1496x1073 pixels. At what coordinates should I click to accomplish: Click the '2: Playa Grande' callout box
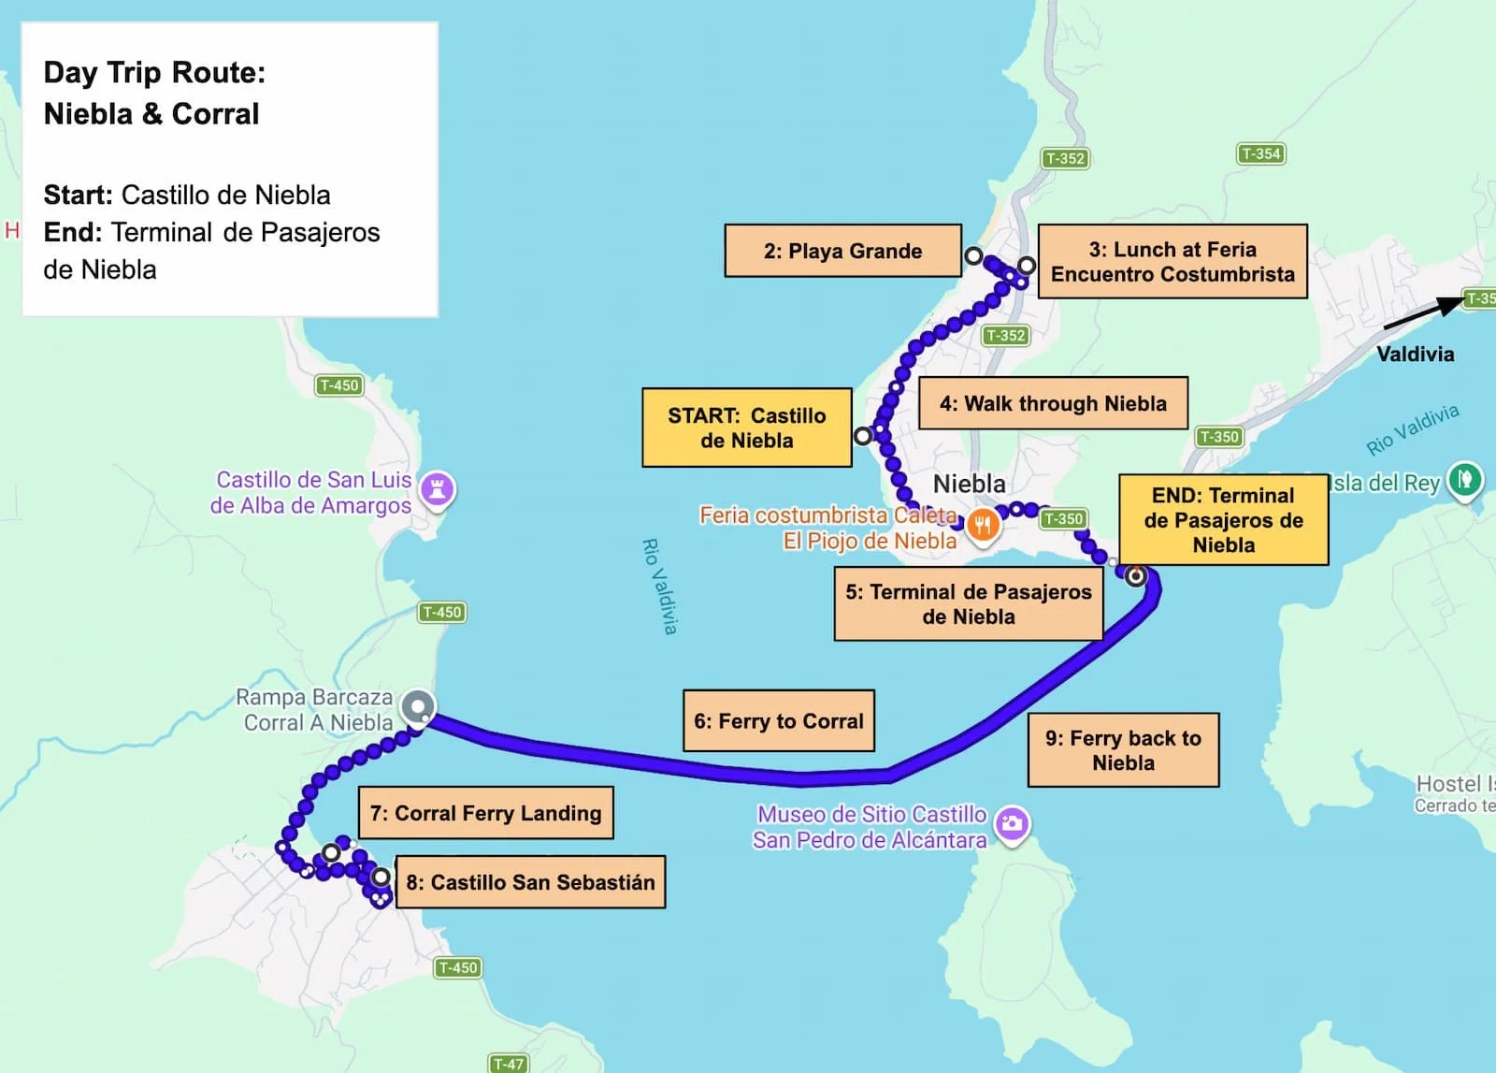click(x=842, y=251)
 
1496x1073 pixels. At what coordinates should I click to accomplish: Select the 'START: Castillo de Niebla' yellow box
click(x=746, y=428)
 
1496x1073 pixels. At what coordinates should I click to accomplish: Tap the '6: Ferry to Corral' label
click(x=779, y=721)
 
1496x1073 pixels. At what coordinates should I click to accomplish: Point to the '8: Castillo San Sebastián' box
click(x=530, y=882)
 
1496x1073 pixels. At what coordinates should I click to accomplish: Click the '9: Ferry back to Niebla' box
click(x=1123, y=750)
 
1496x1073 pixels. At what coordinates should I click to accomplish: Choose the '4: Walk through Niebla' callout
click(x=1053, y=403)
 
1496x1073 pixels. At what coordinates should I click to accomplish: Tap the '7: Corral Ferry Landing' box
click(x=485, y=813)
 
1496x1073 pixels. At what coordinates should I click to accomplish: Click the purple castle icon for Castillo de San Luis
click(x=437, y=488)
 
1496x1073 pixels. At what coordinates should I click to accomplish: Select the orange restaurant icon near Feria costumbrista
click(x=982, y=525)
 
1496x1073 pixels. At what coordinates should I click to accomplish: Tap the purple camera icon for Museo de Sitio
click(x=1012, y=824)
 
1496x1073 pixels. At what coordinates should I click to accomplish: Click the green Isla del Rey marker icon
click(x=1465, y=481)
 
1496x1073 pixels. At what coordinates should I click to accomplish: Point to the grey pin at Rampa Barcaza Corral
click(x=418, y=706)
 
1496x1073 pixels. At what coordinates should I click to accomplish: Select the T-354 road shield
click(x=1260, y=153)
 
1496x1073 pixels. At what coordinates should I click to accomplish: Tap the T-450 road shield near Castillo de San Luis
click(x=338, y=385)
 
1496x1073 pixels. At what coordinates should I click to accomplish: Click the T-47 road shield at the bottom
click(x=509, y=1064)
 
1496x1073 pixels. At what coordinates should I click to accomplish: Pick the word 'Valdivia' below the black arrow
click(x=1415, y=354)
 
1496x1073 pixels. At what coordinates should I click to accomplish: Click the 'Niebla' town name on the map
click(x=970, y=484)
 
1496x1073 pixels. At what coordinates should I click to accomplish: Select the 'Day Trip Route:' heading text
click(x=154, y=72)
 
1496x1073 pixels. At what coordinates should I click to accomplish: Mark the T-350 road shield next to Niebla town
click(x=1063, y=518)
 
